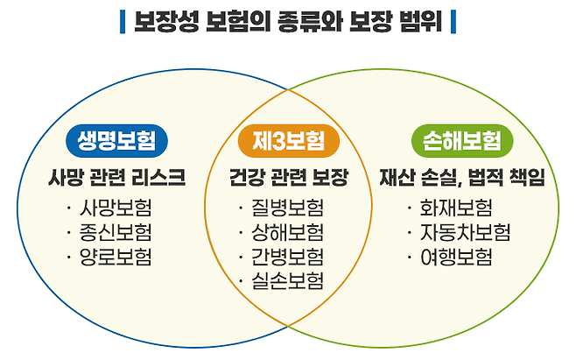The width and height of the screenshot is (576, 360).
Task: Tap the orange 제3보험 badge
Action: (x=288, y=141)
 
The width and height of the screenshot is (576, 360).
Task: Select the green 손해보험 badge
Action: (x=461, y=141)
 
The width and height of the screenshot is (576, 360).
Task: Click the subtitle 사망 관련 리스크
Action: (x=116, y=178)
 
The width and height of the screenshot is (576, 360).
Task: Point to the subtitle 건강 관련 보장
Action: (x=288, y=178)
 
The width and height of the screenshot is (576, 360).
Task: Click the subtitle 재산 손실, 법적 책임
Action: (x=461, y=178)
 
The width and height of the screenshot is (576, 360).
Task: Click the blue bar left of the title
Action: (x=121, y=20)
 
